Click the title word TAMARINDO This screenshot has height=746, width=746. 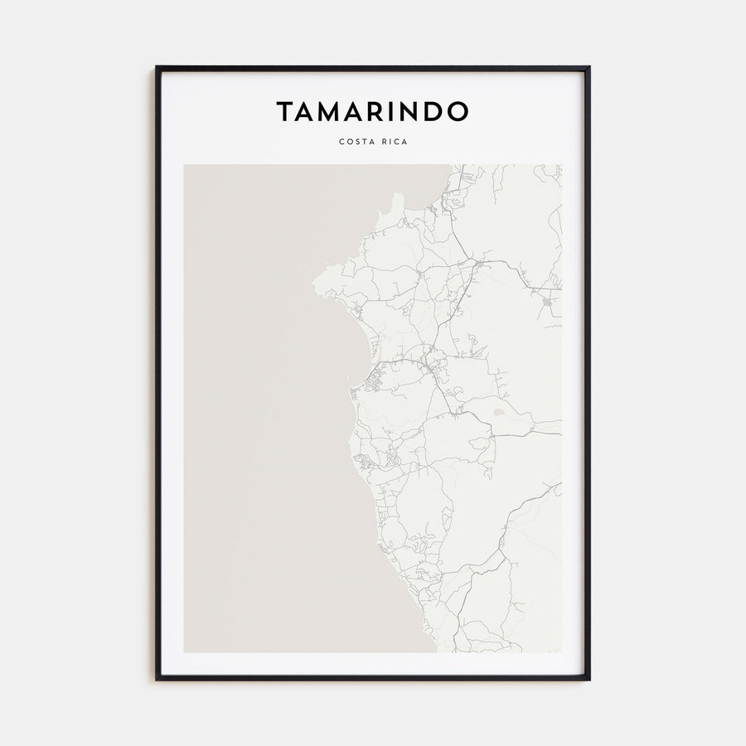click(x=373, y=112)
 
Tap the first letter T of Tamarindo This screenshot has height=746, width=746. click(x=284, y=112)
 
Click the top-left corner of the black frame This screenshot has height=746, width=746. click(x=157, y=67)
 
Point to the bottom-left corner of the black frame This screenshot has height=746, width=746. click(x=157, y=680)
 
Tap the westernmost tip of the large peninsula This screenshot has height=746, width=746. click(x=313, y=284)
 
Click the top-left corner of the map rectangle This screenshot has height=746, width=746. click(x=184, y=164)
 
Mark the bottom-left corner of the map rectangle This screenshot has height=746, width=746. click(x=184, y=652)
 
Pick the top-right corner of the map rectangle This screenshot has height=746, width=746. click(x=562, y=164)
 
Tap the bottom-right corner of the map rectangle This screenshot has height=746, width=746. click(x=562, y=652)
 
